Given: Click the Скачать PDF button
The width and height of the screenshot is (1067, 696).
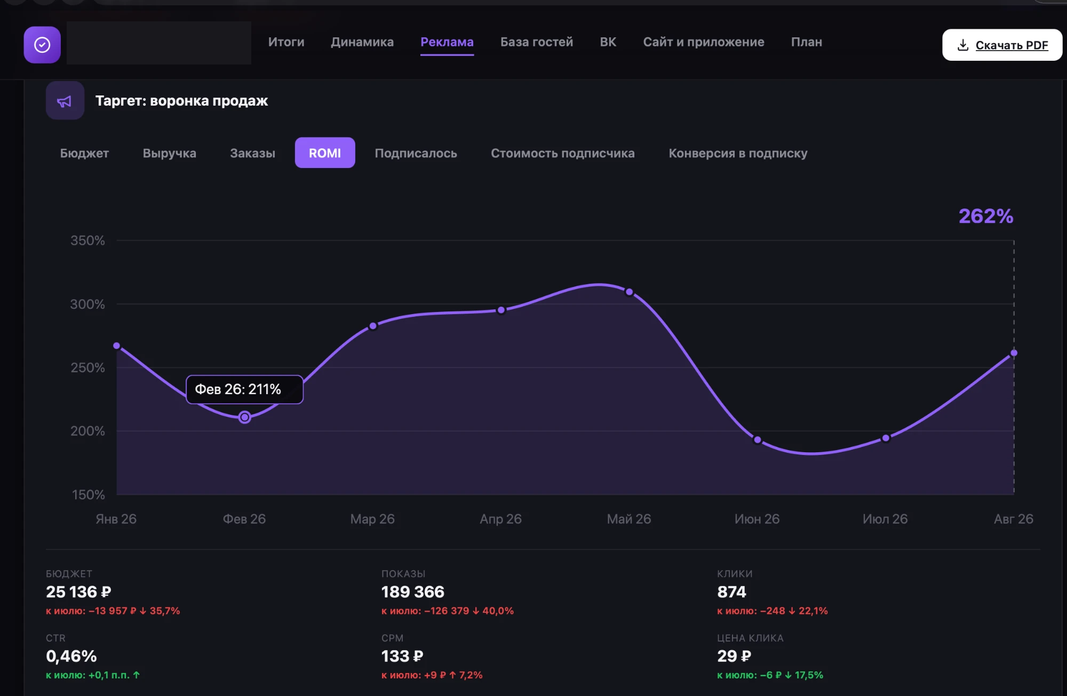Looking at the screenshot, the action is [x=1002, y=45].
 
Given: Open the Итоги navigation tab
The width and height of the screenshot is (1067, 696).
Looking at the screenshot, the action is [x=286, y=42].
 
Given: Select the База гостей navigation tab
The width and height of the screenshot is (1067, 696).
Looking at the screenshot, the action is [x=537, y=42].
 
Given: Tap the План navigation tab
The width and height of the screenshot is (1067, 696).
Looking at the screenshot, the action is [x=806, y=42].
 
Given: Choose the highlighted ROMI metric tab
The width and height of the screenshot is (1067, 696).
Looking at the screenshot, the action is [x=325, y=153].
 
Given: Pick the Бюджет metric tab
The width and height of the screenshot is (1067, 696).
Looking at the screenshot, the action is [x=84, y=153].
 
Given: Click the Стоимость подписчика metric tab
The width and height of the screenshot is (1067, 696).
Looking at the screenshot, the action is [x=563, y=153].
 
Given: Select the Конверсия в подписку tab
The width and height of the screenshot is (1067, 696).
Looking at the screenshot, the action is [x=738, y=153].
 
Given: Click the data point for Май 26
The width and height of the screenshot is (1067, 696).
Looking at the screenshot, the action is [x=629, y=292].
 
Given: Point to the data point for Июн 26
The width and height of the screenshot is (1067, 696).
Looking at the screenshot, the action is [x=758, y=439].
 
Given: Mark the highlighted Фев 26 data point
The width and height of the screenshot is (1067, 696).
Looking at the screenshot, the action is [x=244, y=417].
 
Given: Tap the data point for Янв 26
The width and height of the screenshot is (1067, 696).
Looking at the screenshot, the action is [x=117, y=346].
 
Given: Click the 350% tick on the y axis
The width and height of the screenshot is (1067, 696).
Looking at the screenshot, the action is [x=87, y=241].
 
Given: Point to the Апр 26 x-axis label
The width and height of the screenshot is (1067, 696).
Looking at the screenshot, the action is [x=500, y=519].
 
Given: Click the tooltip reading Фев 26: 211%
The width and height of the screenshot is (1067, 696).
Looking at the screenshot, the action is [x=244, y=389].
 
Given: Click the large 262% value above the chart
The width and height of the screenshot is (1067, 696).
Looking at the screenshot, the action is [x=986, y=216].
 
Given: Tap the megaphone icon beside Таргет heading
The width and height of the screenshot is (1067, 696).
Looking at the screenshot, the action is [x=65, y=101].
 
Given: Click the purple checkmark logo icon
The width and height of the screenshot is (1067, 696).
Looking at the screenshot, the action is [x=42, y=45].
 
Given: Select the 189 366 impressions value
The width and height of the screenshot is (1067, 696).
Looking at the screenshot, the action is [x=413, y=592].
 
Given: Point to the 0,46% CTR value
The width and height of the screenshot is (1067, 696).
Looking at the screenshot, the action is [x=71, y=656].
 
